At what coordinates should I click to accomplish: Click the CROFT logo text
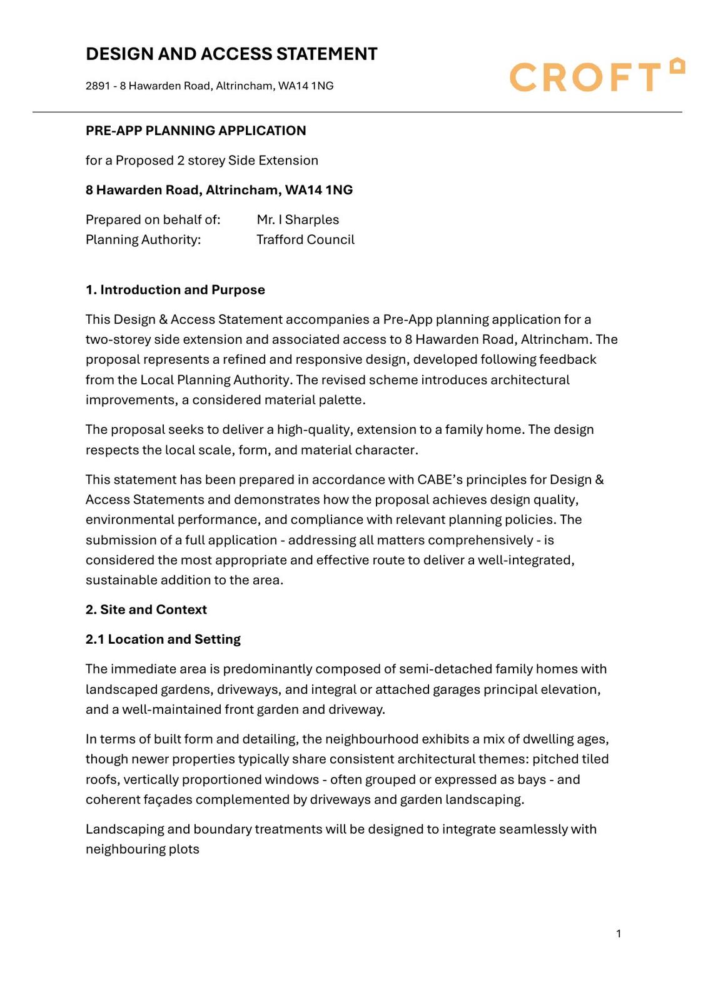click(585, 77)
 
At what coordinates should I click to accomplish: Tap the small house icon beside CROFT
click(677, 66)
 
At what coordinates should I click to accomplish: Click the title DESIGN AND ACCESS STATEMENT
click(231, 54)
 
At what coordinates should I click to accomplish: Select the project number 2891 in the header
click(97, 86)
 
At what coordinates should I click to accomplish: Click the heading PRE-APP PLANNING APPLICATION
click(196, 131)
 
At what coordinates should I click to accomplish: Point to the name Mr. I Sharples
click(298, 219)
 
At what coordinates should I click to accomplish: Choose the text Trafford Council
click(305, 239)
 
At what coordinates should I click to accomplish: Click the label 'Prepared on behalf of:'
click(153, 219)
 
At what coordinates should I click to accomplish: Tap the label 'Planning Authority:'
click(143, 239)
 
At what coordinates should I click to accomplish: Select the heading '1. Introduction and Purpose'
click(175, 289)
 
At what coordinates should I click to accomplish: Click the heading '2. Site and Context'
click(146, 609)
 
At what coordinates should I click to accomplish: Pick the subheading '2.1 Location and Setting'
click(163, 639)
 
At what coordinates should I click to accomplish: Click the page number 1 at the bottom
click(619, 934)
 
